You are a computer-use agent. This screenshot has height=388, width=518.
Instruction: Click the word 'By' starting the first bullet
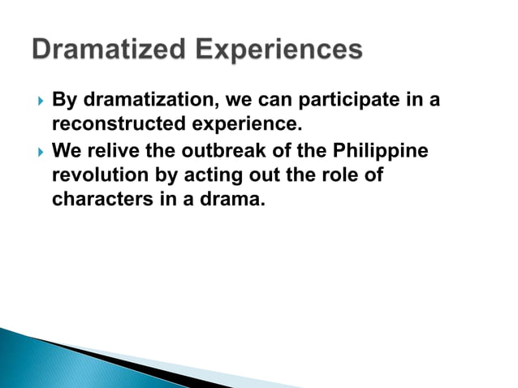63,101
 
